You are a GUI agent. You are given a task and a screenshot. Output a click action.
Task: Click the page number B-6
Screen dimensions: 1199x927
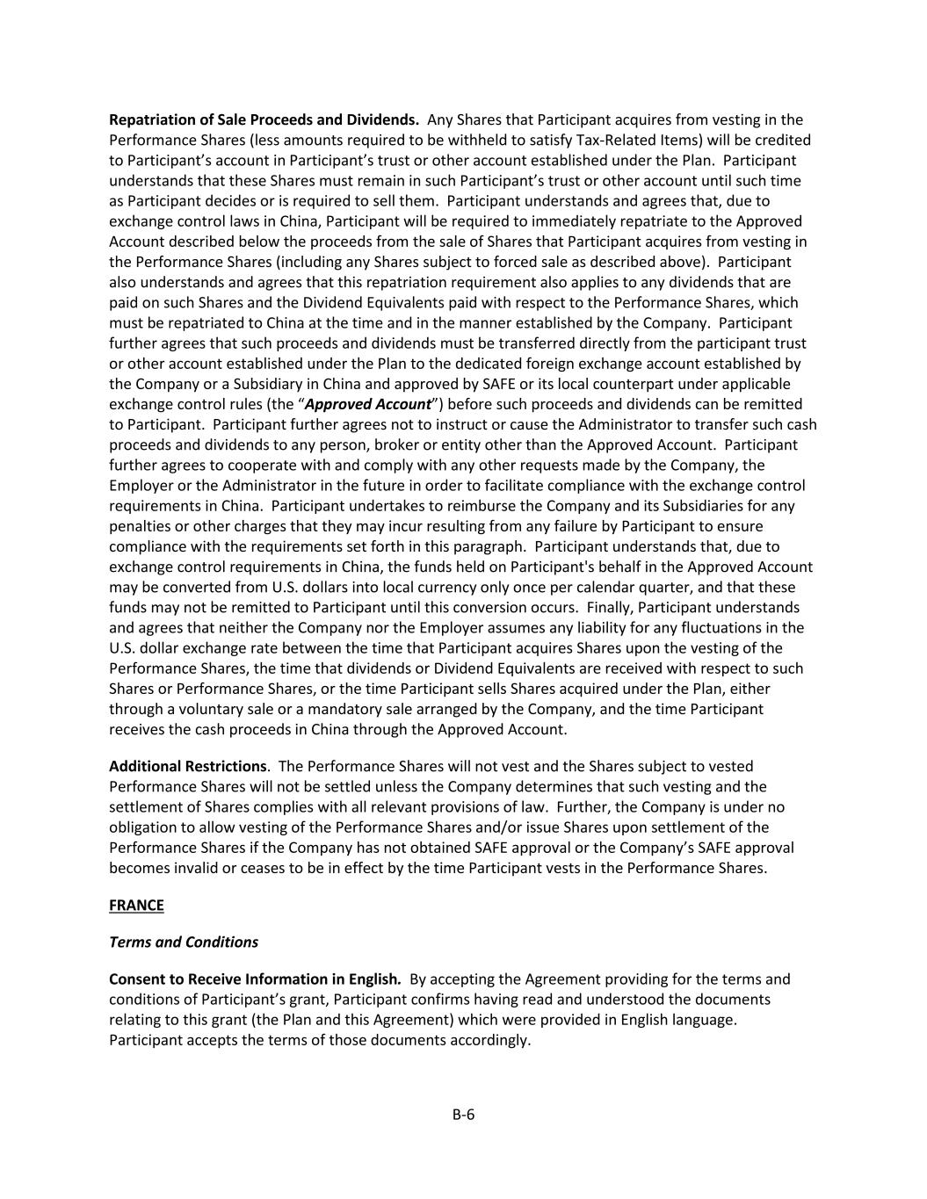(x=463, y=1115)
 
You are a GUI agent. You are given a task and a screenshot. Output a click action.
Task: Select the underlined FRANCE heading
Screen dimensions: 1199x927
(x=136, y=905)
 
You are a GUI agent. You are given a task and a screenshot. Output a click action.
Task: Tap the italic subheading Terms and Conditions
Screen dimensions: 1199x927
(x=184, y=942)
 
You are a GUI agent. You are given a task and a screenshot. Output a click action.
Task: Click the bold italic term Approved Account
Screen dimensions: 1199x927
(x=367, y=404)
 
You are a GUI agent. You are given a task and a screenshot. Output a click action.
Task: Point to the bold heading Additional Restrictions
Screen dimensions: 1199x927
(x=187, y=766)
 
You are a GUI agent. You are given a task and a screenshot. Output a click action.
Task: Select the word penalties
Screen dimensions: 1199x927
(x=139, y=526)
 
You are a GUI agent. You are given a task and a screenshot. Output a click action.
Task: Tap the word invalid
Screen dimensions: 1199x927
(x=198, y=868)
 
